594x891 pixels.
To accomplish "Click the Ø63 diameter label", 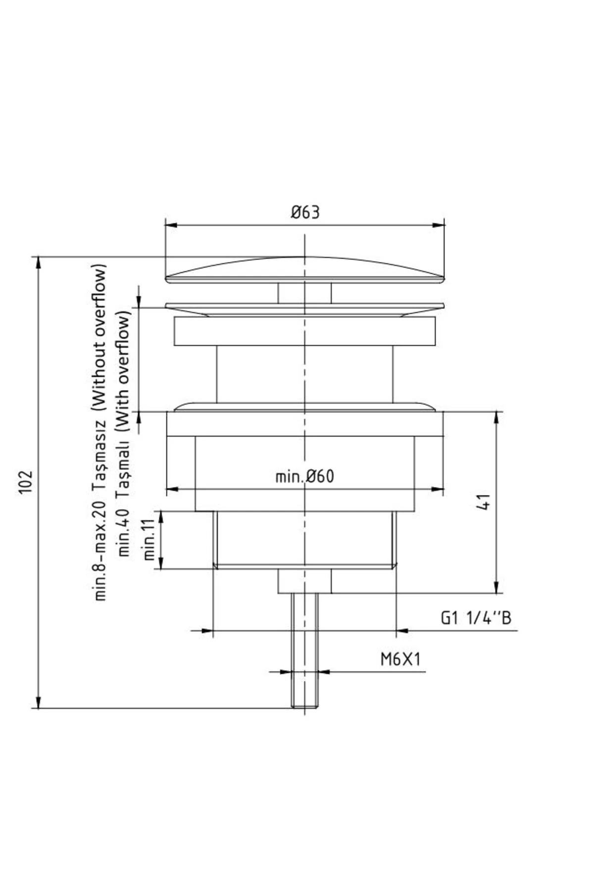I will tap(305, 212).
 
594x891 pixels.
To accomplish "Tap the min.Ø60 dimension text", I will tap(304, 477).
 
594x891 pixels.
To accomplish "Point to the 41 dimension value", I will tap(485, 501).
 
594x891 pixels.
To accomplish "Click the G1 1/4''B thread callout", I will tap(475, 618).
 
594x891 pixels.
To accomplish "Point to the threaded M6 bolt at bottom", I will tap(304, 653).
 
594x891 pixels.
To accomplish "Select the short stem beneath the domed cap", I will tap(304, 293).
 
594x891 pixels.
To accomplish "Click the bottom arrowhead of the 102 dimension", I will tap(39, 702).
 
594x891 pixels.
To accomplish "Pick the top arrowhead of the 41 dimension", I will tap(496, 417).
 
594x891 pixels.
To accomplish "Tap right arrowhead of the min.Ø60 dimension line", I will tap(438, 490).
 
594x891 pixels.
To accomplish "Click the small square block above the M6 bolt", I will tap(304, 581).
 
